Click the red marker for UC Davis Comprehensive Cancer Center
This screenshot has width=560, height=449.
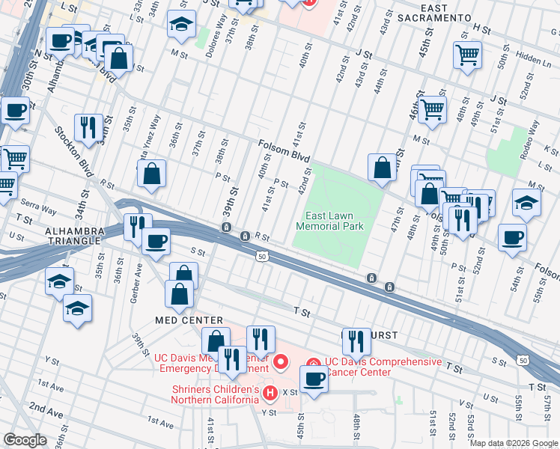pos(314,364)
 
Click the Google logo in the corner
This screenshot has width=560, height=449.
pos(25,440)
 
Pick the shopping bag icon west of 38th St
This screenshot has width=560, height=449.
pos(152,174)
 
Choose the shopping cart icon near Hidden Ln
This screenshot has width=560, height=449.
pos(467,55)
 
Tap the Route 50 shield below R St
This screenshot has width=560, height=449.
pos(262,257)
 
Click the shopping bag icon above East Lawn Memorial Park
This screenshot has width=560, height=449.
pos(382,168)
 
